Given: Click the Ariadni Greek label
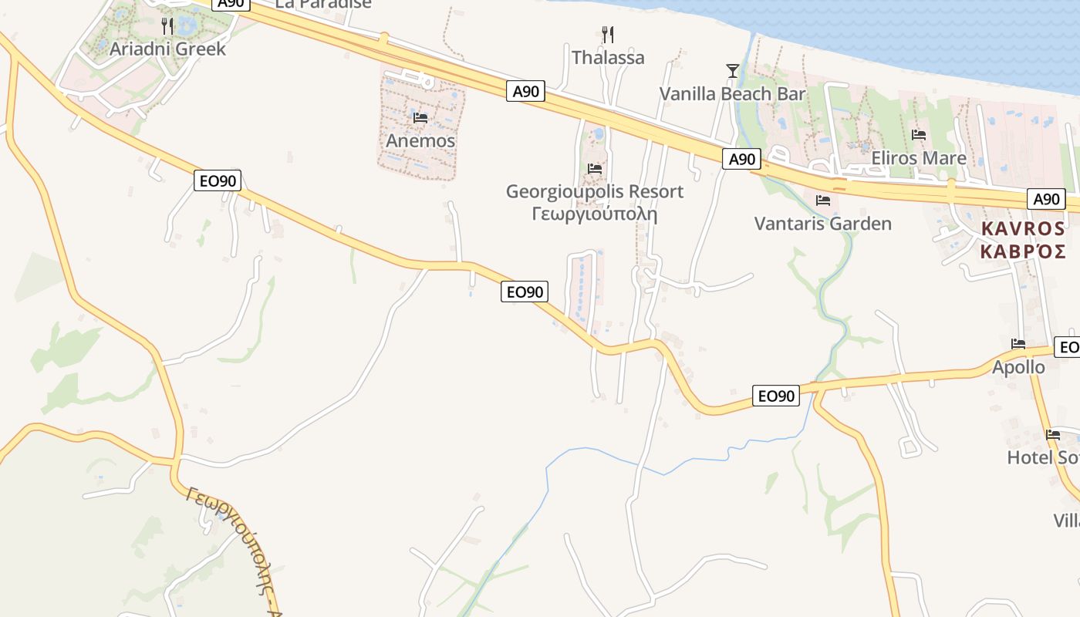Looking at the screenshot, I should [x=167, y=49].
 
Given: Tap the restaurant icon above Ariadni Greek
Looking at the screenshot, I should [x=167, y=26].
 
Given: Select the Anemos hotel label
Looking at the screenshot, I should [x=420, y=141].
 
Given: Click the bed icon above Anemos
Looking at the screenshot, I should [x=420, y=118].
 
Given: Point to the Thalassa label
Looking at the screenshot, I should [x=608, y=58].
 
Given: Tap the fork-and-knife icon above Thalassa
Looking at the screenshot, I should [x=608, y=35].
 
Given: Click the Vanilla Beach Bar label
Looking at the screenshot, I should [x=732, y=94].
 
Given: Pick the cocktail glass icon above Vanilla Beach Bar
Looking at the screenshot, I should [x=733, y=71].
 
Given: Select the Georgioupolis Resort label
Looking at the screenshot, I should [x=595, y=191].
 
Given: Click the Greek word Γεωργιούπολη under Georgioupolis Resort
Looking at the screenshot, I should [x=595, y=214].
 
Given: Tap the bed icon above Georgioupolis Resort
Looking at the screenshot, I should [x=595, y=168].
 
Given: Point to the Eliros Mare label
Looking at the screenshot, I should [x=919, y=158].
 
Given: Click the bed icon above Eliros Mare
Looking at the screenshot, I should [x=919, y=135].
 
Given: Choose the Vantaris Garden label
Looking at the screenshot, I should [x=822, y=224].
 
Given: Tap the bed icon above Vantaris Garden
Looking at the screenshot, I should [x=823, y=201].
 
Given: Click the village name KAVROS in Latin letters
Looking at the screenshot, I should [x=1023, y=229].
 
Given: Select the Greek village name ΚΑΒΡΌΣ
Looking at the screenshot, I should [x=1023, y=251].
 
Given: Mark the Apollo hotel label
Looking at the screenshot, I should [x=1018, y=367].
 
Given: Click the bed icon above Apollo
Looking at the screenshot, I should [x=1018, y=344].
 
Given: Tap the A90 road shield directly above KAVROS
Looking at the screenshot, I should [x=1047, y=199].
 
